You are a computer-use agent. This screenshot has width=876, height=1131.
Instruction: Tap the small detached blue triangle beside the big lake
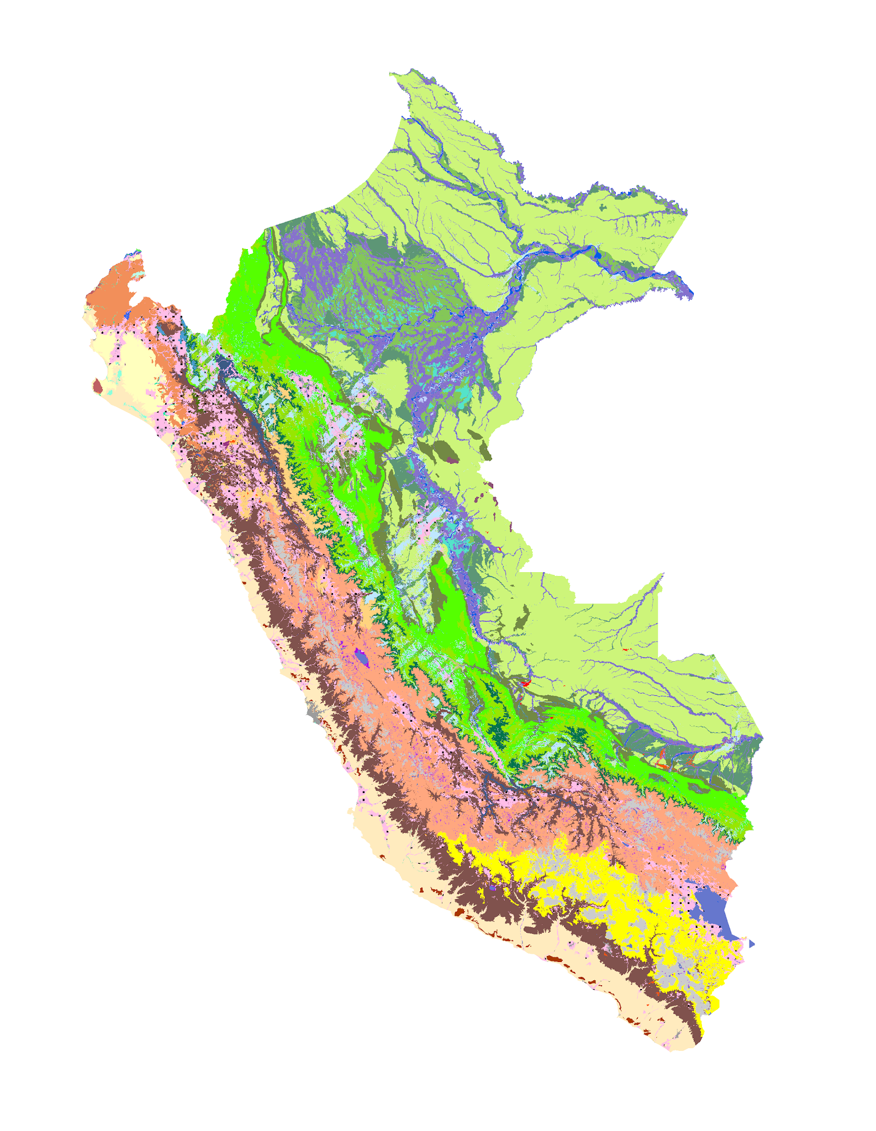(x=751, y=944)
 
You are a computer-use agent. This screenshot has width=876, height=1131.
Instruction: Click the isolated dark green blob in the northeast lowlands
(x=602, y=208)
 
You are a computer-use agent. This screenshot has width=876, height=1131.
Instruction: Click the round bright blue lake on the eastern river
(x=598, y=255)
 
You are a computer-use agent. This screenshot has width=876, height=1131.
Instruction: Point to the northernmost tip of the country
(x=411, y=70)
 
